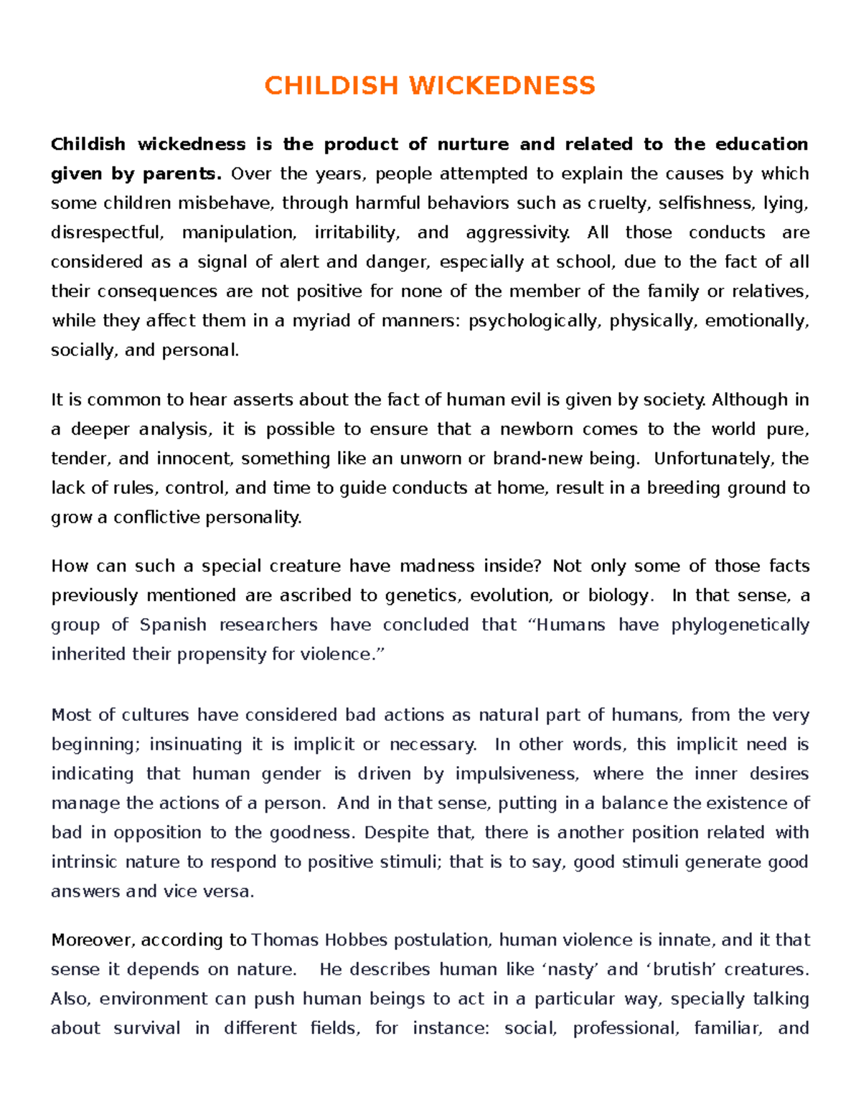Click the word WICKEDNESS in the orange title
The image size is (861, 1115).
click(502, 85)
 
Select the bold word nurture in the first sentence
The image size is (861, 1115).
click(473, 144)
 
